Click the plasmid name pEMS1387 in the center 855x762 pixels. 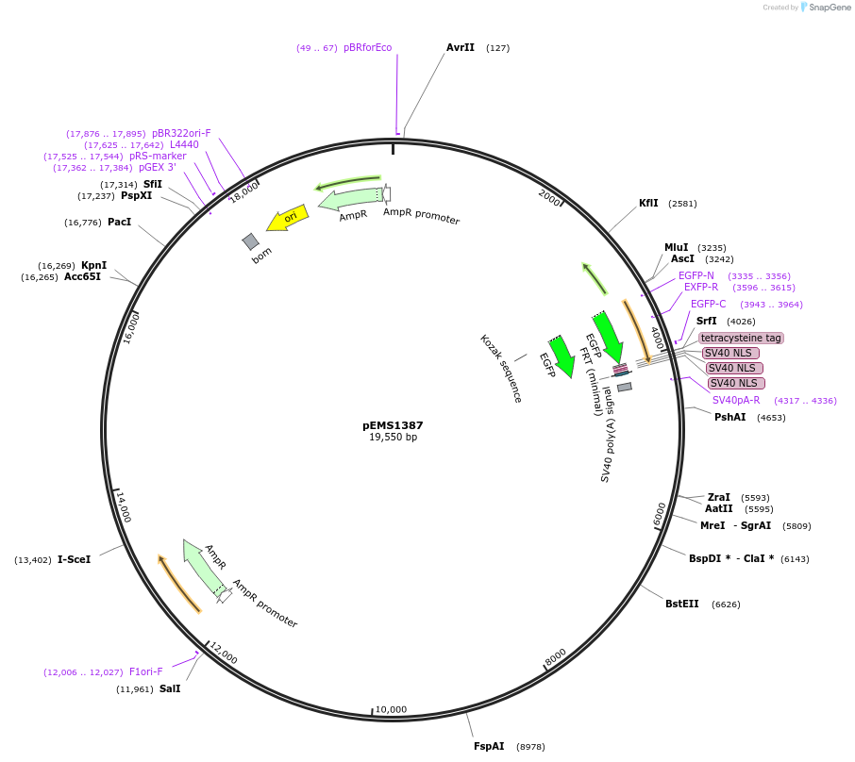[x=393, y=425]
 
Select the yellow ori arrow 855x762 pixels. [x=287, y=219]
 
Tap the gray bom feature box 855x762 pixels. [x=250, y=242]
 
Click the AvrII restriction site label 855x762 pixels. [x=461, y=47]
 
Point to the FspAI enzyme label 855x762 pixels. [x=489, y=746]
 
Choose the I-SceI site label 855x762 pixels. [x=75, y=559]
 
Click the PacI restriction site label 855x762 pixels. [x=119, y=222]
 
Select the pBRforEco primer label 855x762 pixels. [x=367, y=47]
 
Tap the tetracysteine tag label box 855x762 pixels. [x=741, y=338]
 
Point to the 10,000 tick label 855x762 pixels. [x=391, y=709]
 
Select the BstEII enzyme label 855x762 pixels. [x=682, y=604]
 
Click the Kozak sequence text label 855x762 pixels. [x=501, y=368]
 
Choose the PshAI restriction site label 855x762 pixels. [x=730, y=416]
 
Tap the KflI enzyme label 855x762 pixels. [x=649, y=203]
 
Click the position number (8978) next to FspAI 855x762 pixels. [x=530, y=747]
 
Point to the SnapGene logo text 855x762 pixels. [x=828, y=8]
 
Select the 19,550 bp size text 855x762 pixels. [x=393, y=438]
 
